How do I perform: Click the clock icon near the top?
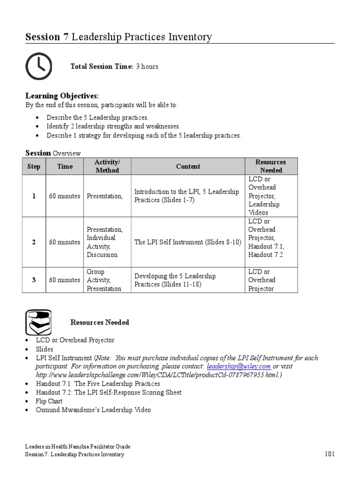(38, 66)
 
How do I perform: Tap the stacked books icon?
(38, 322)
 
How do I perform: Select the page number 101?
(330, 454)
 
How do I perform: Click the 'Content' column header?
(188, 166)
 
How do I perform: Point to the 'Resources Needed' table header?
(271, 166)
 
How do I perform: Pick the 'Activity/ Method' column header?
(107, 166)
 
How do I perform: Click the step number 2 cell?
(34, 242)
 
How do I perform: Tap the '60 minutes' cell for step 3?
(64, 280)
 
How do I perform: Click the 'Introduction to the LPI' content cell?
(187, 196)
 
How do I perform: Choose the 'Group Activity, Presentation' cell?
(104, 280)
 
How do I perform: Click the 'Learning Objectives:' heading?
(62, 96)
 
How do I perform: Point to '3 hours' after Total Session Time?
(147, 67)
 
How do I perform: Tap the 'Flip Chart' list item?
(49, 401)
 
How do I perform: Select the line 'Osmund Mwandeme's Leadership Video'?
(94, 410)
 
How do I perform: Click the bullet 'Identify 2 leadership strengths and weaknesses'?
(113, 127)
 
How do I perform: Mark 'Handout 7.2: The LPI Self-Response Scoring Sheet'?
(109, 392)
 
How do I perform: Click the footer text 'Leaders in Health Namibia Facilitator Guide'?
(78, 447)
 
